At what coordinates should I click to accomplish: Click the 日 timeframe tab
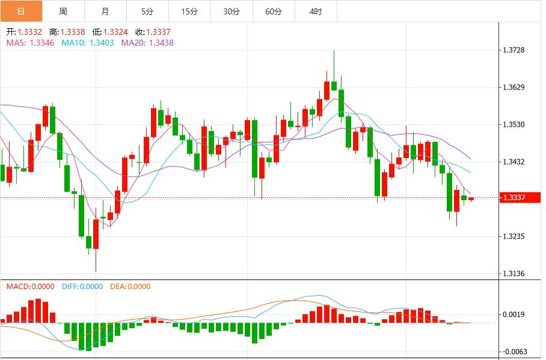pos(21,11)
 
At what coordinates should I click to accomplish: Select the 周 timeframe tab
pos(63,11)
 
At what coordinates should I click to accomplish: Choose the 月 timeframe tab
pos(105,11)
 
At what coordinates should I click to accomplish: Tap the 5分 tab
pos(147,11)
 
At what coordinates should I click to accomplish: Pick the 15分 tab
pos(189,11)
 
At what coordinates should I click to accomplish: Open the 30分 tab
pos(232,11)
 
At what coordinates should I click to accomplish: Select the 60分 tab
pos(274,11)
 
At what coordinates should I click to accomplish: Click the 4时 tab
pos(316,11)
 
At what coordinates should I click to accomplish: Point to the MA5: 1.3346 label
pos(30,43)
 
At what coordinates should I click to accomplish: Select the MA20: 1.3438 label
pos(147,43)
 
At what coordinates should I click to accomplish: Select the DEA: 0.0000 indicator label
pos(130,287)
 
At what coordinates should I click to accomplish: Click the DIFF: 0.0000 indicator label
pos(82,287)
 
